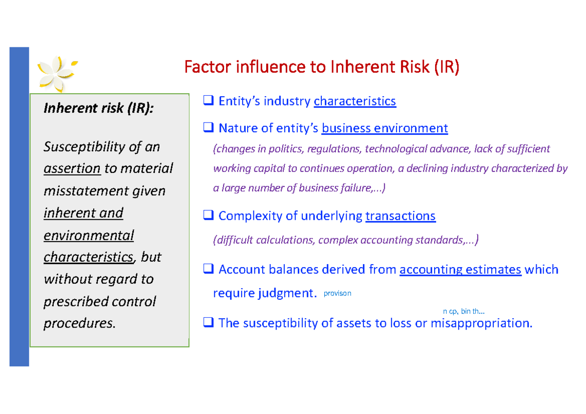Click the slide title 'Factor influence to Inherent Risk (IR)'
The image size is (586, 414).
coord(322,67)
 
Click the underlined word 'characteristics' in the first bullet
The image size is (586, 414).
coord(355,102)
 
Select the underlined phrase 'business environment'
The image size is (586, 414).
coord(385,128)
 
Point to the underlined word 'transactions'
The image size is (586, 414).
coord(400,216)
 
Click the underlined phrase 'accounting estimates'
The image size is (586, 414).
coord(460,269)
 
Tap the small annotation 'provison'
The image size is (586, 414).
coord(337,294)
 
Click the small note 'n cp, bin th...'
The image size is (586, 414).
coord(463,311)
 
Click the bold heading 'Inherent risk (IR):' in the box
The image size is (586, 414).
coord(98,108)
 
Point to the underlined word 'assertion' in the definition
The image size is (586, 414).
coord(72,168)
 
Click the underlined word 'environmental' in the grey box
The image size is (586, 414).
coord(88,235)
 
